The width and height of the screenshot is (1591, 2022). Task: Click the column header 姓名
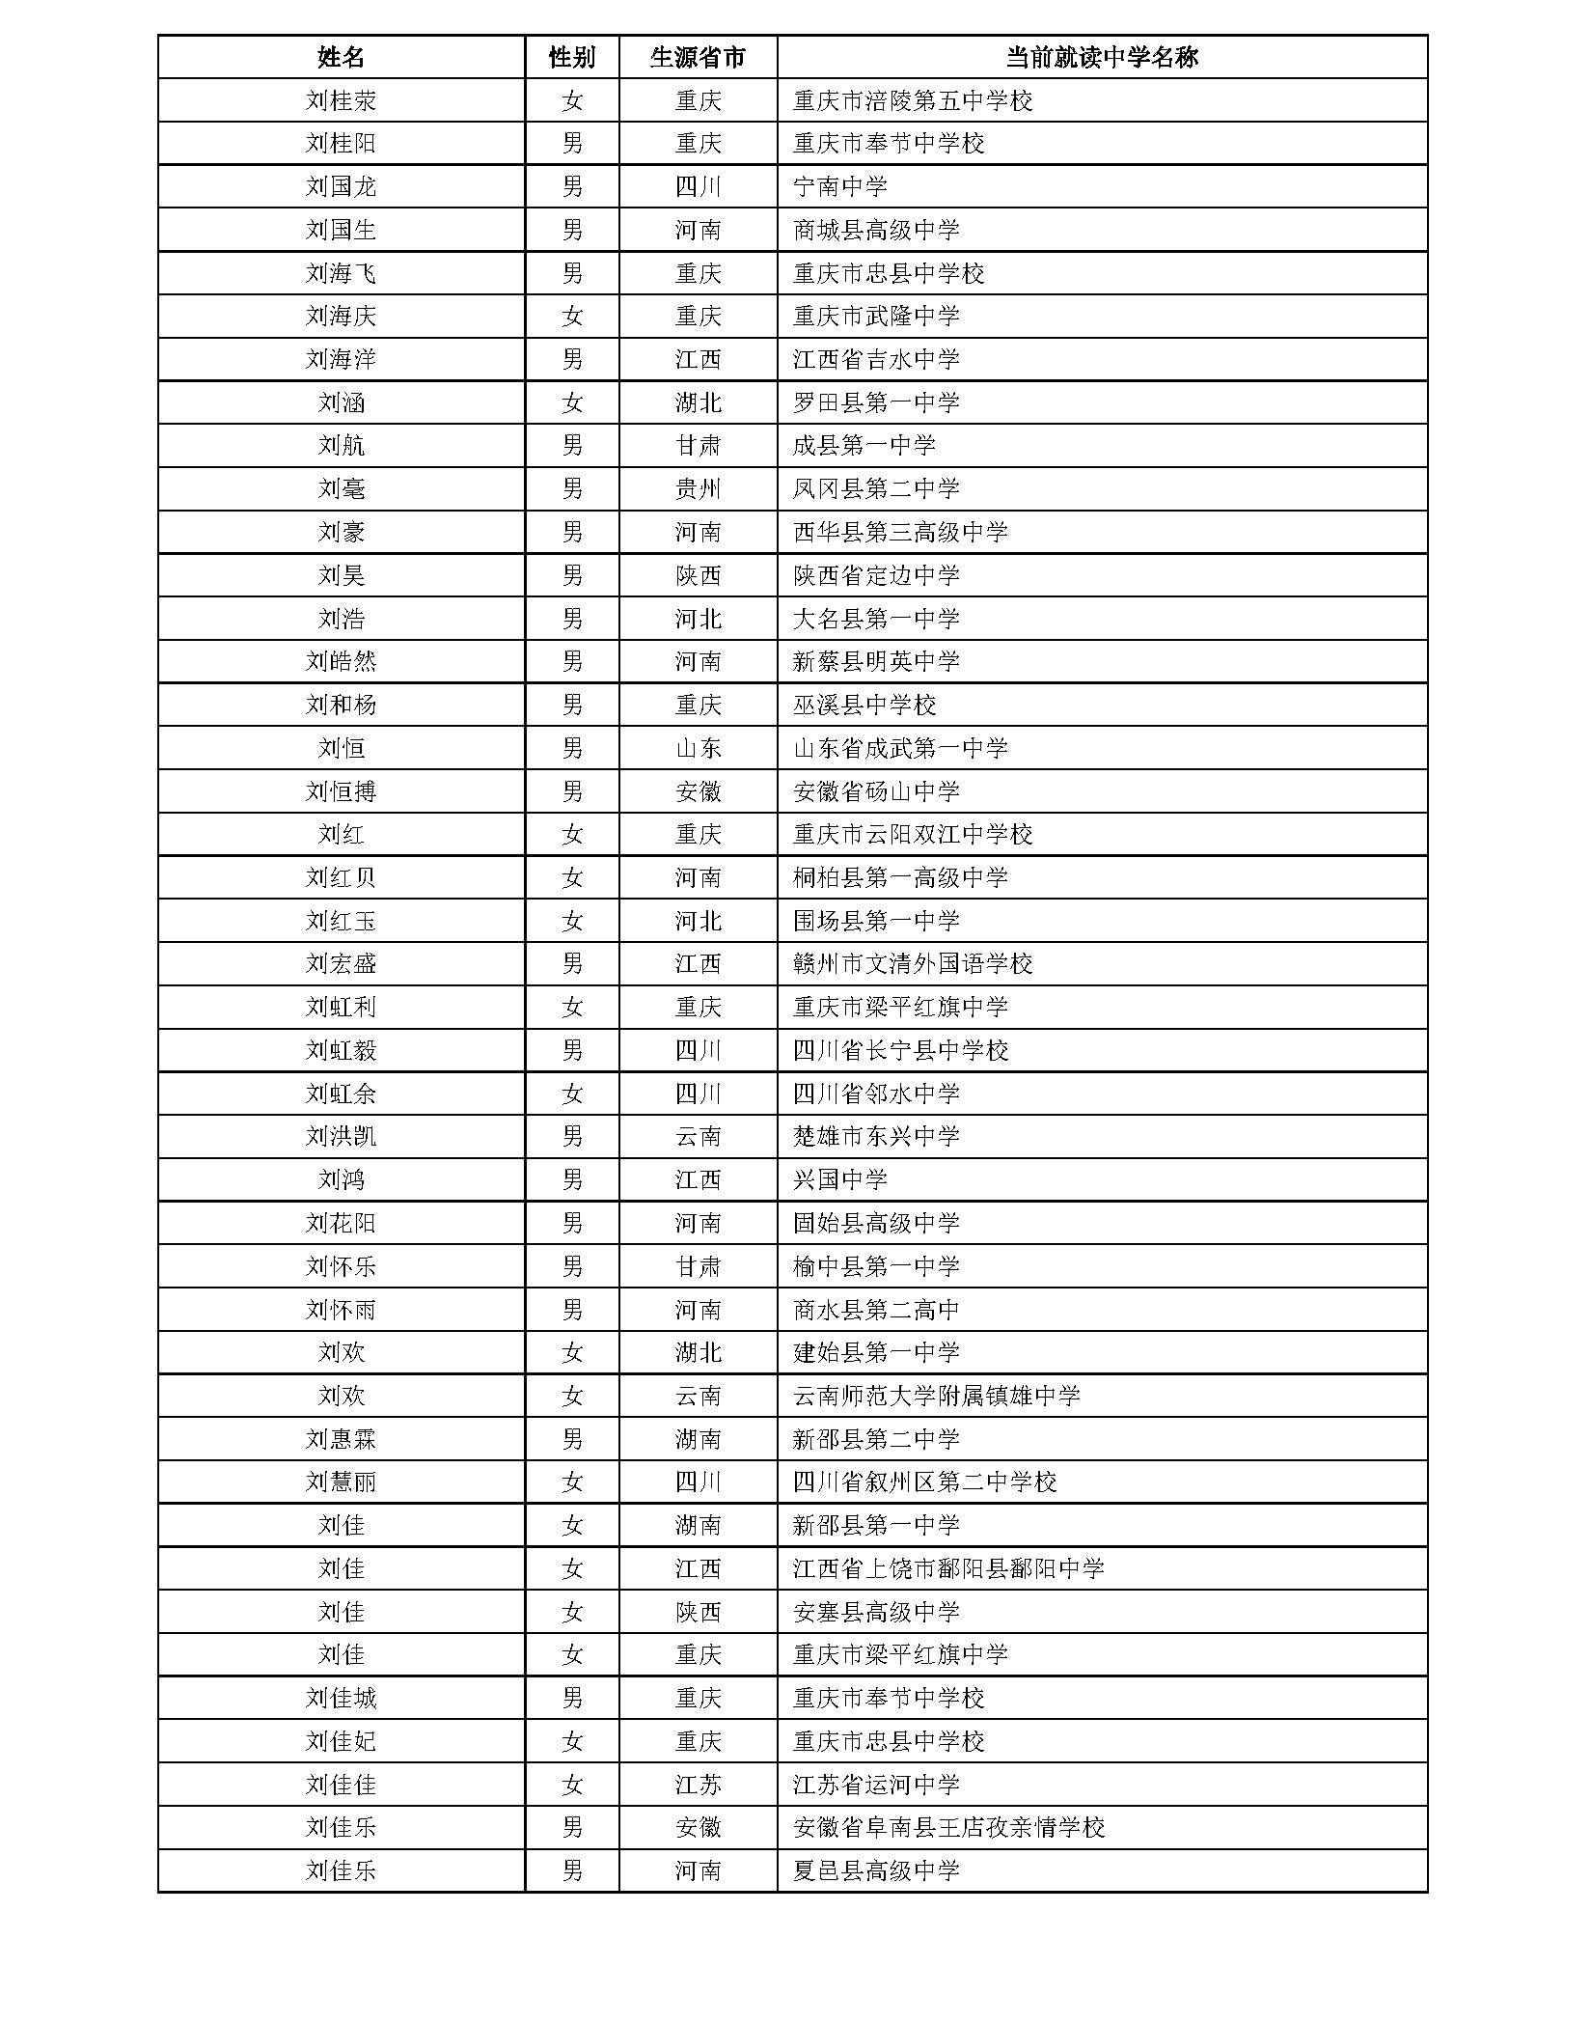click(x=341, y=57)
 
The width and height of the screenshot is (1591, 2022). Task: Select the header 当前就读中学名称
click(x=1101, y=57)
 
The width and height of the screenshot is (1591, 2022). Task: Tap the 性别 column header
click(x=571, y=57)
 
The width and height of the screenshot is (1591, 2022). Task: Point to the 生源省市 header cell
click(x=698, y=57)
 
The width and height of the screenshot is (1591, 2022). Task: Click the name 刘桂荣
click(x=341, y=100)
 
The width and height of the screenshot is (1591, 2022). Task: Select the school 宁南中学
click(x=839, y=186)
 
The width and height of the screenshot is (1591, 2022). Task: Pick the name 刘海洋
click(x=341, y=359)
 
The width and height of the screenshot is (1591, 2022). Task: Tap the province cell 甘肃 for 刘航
click(x=698, y=446)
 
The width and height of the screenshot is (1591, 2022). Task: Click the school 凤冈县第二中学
click(x=875, y=488)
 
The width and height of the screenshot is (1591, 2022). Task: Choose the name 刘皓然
click(x=341, y=661)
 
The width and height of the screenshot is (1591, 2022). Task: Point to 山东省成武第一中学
click(x=899, y=748)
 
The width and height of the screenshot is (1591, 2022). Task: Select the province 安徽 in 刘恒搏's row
click(x=698, y=791)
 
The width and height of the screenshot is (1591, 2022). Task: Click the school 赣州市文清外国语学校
click(x=912, y=963)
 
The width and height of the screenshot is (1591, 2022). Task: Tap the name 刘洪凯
click(x=341, y=1136)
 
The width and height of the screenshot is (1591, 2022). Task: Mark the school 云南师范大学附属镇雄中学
click(x=936, y=1396)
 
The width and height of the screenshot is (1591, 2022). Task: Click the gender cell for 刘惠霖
click(x=571, y=1439)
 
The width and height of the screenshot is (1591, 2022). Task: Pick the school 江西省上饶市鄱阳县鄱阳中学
click(x=947, y=1568)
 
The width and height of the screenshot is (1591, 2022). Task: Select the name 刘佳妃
click(x=341, y=1741)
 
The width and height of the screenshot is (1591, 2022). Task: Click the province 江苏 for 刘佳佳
click(x=698, y=1785)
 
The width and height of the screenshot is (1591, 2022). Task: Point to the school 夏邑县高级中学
click(x=875, y=1870)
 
